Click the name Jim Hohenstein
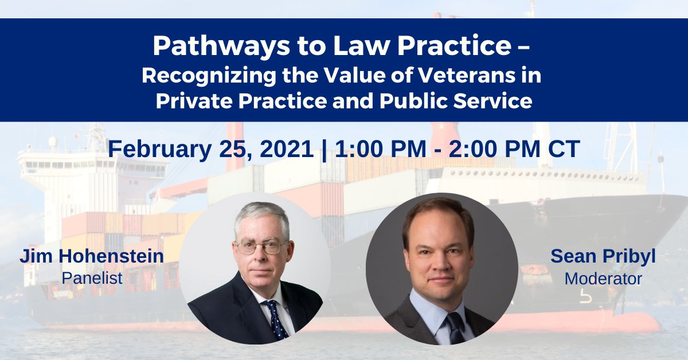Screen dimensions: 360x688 coord(92,256)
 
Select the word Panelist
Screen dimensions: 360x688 coord(92,278)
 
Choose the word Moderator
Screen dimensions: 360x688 coord(603,279)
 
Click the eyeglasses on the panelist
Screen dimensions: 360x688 coord(260,247)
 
